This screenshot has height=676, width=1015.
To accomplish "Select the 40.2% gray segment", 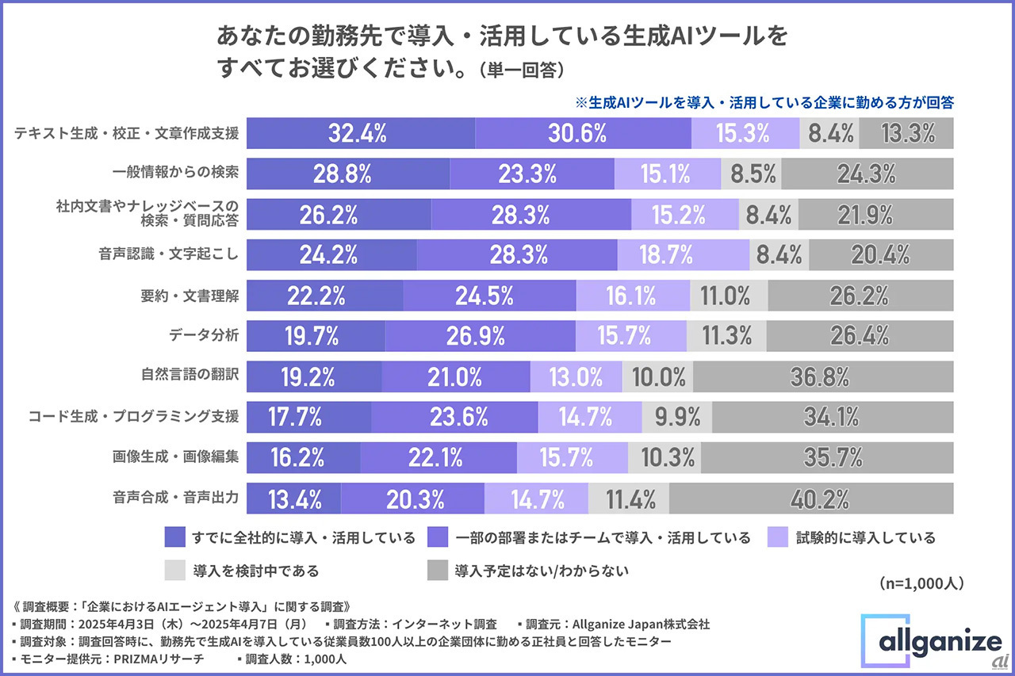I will click(x=811, y=499).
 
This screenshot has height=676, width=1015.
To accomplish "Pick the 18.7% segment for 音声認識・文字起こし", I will click(x=684, y=255).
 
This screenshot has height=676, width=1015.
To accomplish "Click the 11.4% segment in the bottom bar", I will click(x=629, y=499).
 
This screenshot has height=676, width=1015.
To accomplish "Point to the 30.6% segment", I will click(x=583, y=133).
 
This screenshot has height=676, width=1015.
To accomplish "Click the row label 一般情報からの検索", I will click(x=176, y=173).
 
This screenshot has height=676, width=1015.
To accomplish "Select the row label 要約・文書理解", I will click(x=190, y=295).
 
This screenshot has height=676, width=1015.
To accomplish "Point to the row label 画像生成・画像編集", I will click(x=176, y=457).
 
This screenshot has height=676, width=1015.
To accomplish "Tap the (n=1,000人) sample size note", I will click(x=921, y=583).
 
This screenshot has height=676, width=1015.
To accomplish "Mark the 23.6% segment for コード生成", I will click(x=454, y=416).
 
